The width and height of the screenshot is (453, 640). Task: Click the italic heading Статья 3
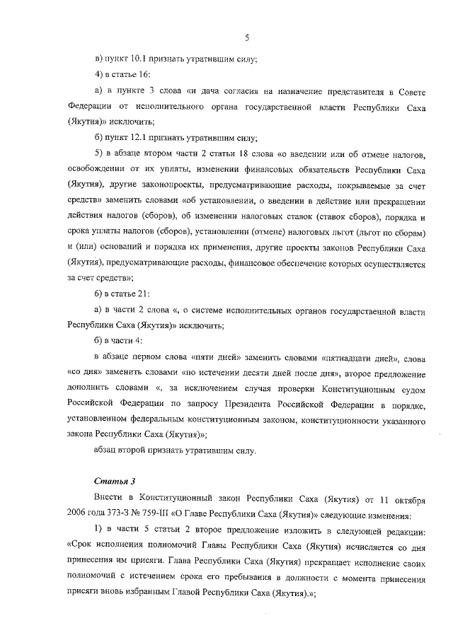point(109,481)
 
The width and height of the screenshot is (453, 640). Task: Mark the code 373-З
point(122,516)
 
